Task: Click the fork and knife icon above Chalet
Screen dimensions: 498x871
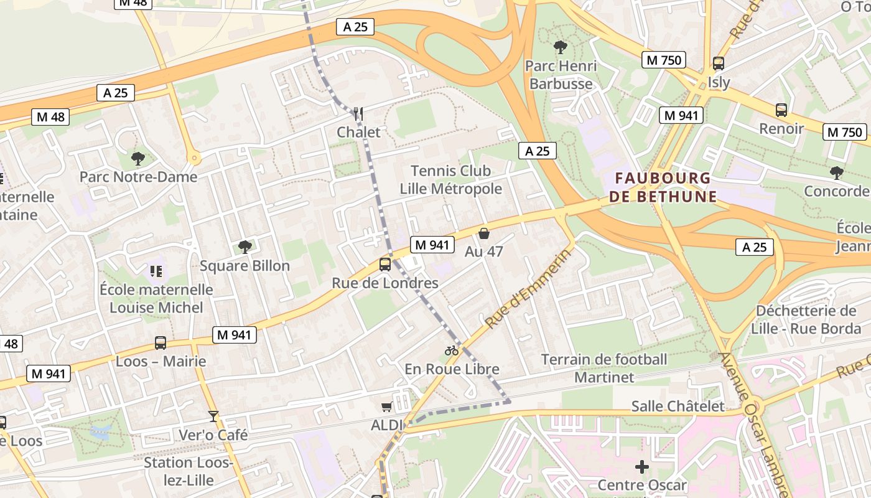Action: click(358, 113)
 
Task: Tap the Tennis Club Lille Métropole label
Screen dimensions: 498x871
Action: click(450, 180)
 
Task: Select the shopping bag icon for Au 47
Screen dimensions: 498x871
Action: click(483, 234)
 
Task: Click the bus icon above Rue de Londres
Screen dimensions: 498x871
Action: click(385, 265)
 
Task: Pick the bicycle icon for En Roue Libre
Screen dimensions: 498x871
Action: click(452, 350)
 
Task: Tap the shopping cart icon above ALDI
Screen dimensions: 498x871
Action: click(386, 407)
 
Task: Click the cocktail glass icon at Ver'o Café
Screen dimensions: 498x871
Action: click(213, 416)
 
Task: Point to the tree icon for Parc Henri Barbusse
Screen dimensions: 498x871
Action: click(560, 47)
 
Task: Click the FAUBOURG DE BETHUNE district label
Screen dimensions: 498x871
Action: click(663, 187)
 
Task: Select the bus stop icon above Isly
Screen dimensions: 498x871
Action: click(719, 63)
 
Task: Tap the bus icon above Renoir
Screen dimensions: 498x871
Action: click(781, 110)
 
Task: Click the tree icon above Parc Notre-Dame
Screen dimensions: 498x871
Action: click(138, 159)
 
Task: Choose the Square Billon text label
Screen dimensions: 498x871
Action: click(245, 266)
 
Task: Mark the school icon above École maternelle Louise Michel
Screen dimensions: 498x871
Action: click(156, 271)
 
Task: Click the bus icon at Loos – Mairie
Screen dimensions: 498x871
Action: click(161, 343)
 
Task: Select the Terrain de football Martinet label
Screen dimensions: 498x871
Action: click(604, 368)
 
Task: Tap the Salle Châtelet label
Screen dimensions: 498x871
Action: click(678, 406)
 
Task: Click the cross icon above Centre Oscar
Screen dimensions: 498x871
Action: click(641, 467)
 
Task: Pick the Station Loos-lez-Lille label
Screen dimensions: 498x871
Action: click(188, 471)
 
